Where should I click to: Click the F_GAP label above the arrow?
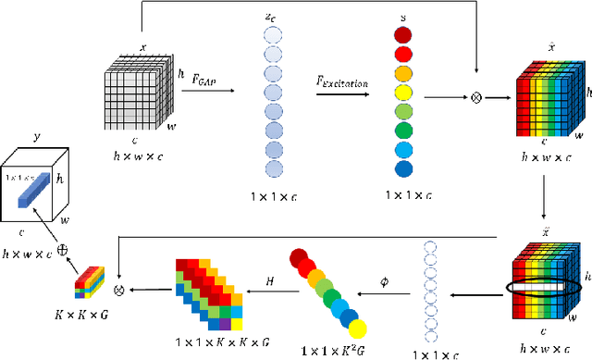[205, 80]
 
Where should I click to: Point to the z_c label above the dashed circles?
[274, 17]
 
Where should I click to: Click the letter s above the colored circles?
[401, 16]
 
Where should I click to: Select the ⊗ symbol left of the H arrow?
[117, 291]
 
